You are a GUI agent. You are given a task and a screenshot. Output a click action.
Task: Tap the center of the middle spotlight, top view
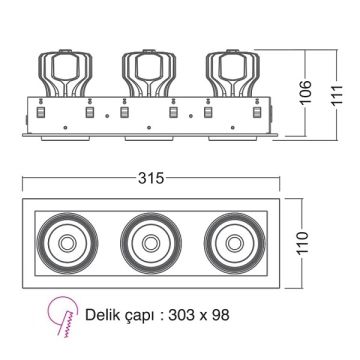coord(147,244)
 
